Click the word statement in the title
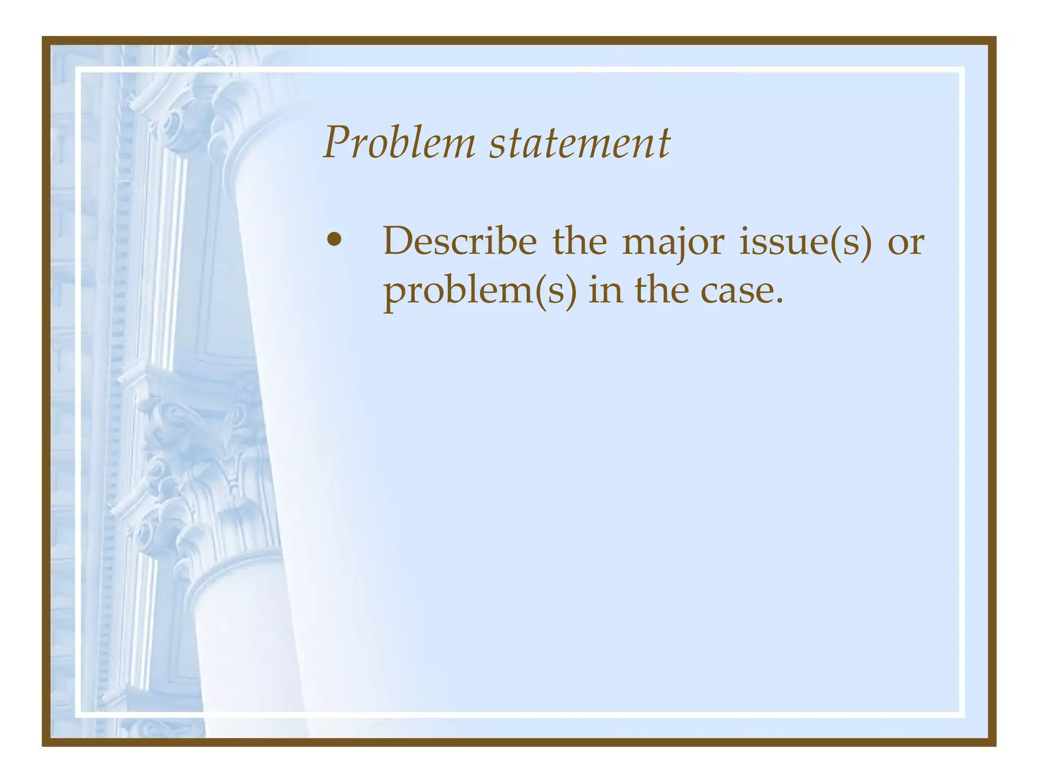(x=579, y=143)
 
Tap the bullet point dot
(x=334, y=240)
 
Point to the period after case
(x=779, y=302)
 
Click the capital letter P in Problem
(x=339, y=142)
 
